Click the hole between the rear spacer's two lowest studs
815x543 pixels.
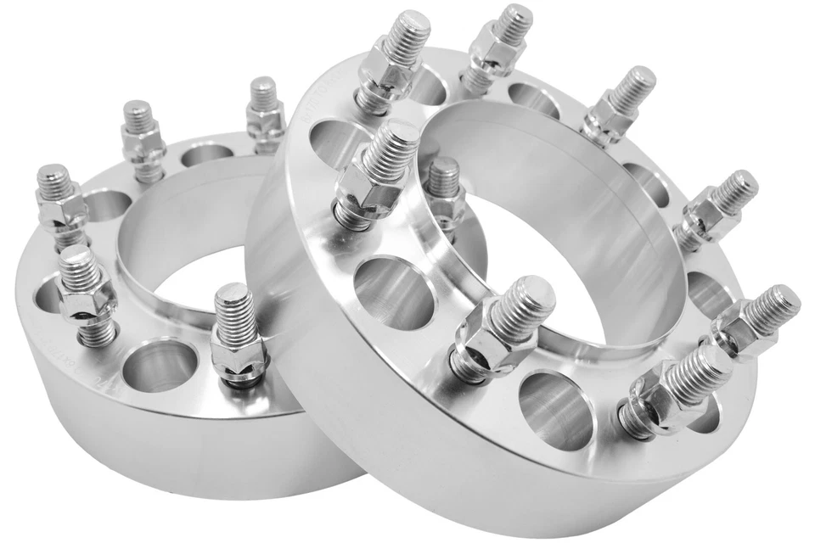[x=157, y=365]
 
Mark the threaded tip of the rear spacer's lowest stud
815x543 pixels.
[x=234, y=301]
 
